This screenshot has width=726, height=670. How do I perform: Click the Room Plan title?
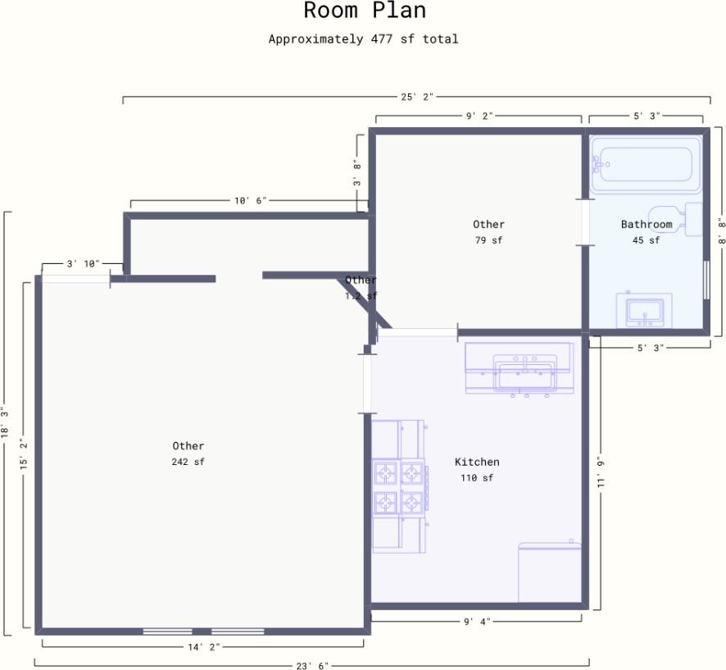[365, 10]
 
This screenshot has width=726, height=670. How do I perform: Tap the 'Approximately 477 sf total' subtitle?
[364, 39]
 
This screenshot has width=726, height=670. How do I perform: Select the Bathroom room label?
[647, 224]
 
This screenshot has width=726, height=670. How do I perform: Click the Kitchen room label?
[477, 462]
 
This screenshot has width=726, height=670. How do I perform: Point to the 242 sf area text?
[188, 462]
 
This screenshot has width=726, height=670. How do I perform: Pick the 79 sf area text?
[488, 240]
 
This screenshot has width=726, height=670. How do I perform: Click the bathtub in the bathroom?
[646, 164]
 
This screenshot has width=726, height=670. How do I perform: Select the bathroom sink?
[644, 310]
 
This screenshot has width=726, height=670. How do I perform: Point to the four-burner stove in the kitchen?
[400, 486]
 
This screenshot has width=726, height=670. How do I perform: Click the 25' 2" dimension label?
[417, 97]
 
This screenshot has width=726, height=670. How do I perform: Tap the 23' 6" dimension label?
[312, 665]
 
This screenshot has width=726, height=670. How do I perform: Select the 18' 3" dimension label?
[5, 422]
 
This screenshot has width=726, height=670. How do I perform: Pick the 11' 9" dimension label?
[601, 472]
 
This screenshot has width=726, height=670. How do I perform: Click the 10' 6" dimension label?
[251, 201]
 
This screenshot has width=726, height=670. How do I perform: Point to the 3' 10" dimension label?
[83, 263]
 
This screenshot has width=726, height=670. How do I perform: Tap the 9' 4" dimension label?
[478, 622]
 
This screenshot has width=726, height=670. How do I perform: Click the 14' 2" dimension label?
[204, 647]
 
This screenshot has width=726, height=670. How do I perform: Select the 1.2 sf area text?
[361, 295]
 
